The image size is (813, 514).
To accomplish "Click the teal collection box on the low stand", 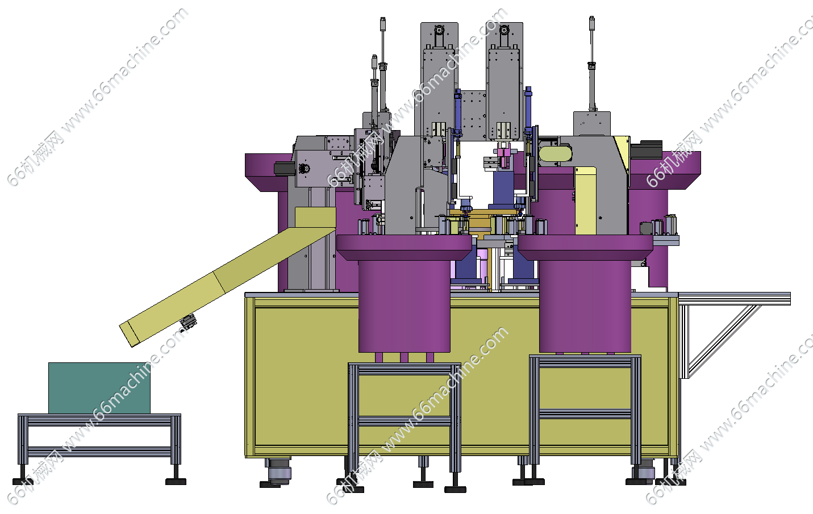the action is [99, 388].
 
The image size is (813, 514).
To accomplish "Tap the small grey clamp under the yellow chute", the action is [189, 322].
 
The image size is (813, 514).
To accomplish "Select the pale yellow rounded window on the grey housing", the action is [555, 153].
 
